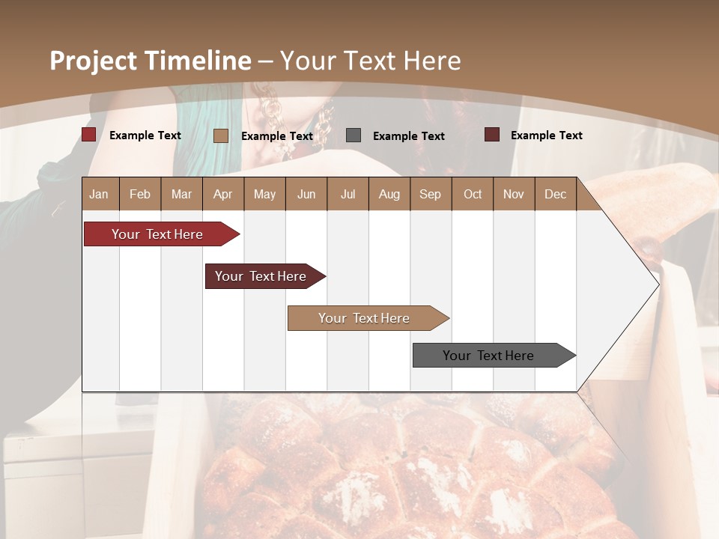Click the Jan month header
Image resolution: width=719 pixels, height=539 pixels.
coord(99,194)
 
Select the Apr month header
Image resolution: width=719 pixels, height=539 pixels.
coord(222,194)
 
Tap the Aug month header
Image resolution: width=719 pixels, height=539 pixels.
coord(389,194)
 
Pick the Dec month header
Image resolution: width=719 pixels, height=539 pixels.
coord(555,194)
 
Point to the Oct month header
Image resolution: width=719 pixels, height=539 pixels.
coord(473,194)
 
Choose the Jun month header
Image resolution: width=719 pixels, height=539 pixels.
coord(306,194)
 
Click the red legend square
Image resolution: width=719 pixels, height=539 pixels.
coord(88,135)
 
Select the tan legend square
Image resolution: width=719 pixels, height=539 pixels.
coord(221,135)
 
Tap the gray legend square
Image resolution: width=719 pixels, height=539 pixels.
coord(354,135)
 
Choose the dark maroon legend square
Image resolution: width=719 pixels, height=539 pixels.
coord(491,135)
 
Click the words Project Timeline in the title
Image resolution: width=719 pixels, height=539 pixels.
coord(151,61)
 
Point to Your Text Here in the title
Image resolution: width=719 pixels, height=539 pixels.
coord(370,61)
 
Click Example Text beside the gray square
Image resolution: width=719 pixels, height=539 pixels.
coord(408,136)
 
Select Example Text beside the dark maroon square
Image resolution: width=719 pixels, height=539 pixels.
coord(546,135)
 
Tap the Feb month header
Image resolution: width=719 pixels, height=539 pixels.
coord(140,194)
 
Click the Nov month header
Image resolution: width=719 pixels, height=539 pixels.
coord(514,194)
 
